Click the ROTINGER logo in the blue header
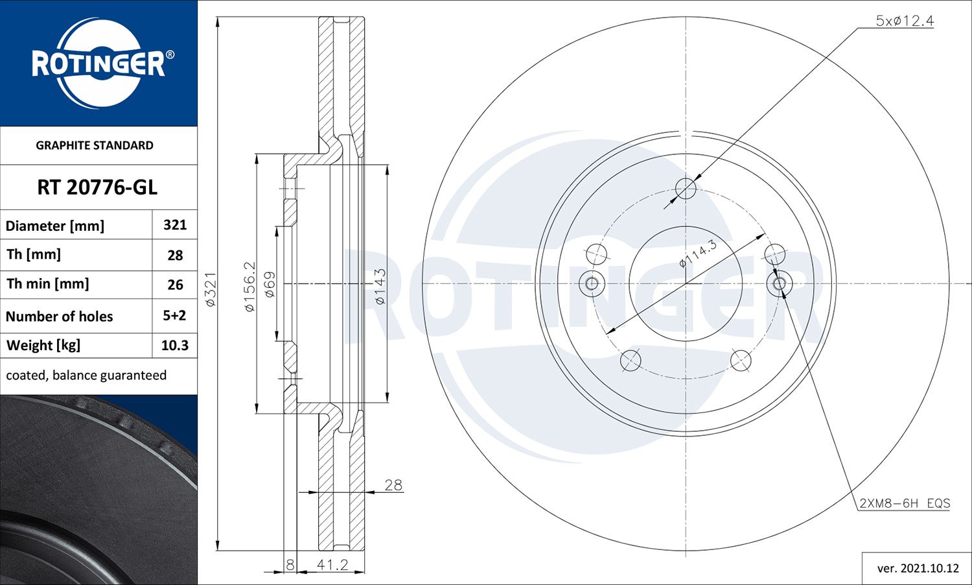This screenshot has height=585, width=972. coord(98,63)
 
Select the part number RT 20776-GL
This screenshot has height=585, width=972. coord(97,187)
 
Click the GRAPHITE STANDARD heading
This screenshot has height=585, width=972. coord(95,145)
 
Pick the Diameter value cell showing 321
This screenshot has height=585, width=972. coord(175,225)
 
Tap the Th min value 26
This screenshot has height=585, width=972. coord(175,285)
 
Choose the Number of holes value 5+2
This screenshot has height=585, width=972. coord(174,316)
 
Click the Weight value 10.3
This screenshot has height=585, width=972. coord(174,346)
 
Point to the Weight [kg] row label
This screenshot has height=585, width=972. coord(43,346)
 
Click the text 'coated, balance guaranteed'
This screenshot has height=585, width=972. coord(86,376)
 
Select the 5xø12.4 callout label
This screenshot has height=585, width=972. coord(905,21)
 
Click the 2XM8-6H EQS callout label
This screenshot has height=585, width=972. coord(905,503)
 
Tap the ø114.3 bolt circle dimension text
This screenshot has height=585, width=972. coord(698,254)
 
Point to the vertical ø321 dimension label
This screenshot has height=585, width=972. coord(211,289)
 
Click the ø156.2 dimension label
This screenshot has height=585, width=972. coord(249,287)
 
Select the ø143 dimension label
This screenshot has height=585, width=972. coord(380,287)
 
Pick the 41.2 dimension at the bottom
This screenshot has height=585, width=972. coord(332,565)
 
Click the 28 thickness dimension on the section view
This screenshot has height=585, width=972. coord(393,485)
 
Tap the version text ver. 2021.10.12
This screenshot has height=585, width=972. coord(918,568)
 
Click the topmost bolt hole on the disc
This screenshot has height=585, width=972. coord(686,189)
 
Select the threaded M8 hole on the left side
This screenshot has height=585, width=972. coord(591,283)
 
